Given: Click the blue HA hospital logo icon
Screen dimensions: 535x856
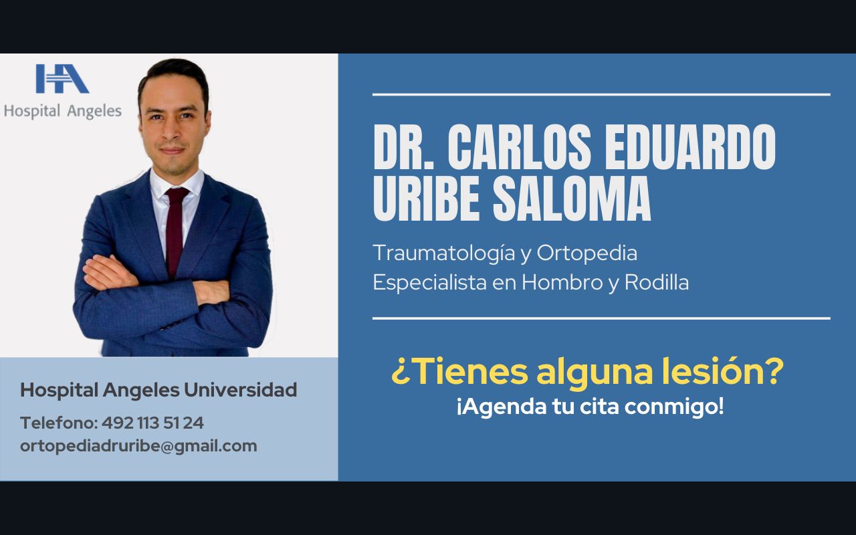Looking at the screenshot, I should (62, 79).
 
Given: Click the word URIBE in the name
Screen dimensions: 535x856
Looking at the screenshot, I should (427, 199).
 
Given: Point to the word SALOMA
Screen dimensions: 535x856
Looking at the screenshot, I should (571, 199).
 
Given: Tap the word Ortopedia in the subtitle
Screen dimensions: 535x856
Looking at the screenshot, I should (586, 253).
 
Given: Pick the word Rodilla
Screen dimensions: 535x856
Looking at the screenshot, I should (656, 282).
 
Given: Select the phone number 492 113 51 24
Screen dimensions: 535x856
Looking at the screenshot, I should (153, 423).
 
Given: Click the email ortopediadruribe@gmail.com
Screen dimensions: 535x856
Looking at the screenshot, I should (138, 446).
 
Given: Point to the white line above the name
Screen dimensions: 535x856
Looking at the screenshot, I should (601, 94).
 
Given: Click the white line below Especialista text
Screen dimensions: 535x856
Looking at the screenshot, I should (601, 318).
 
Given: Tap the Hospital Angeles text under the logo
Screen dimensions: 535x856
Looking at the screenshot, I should (62, 111).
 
